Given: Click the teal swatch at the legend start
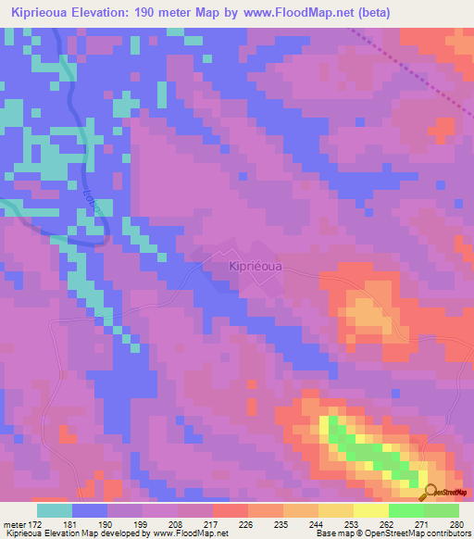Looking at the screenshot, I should click(55, 510).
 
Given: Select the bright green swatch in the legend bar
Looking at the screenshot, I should click(405, 510).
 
